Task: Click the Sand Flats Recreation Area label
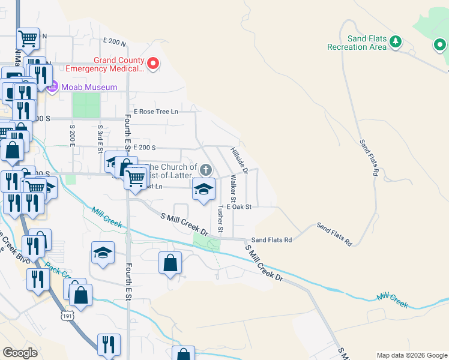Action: coord(357,43)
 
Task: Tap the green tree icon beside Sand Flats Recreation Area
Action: coord(395,41)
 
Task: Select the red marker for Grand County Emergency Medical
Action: coord(152,63)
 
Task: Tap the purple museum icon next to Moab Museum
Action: coord(52,88)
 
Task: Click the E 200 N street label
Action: coord(115,42)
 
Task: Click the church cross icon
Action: coord(206,170)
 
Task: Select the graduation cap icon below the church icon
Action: coord(203,190)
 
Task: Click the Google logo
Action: coord(20,353)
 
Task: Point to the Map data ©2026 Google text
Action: coord(411,355)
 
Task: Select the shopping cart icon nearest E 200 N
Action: coord(28,38)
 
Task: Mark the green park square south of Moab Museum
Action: coord(86,105)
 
